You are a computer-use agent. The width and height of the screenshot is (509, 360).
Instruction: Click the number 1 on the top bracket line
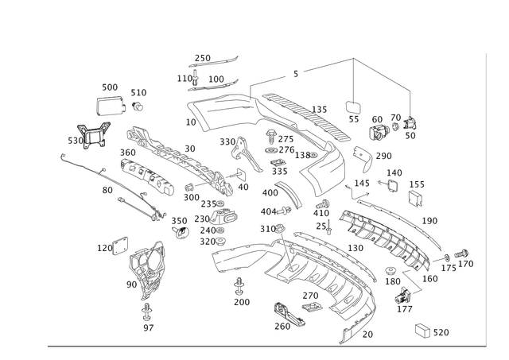[295, 74]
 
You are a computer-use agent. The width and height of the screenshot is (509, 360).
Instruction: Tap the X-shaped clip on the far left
[95, 136]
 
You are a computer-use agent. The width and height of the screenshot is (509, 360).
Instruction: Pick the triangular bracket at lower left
[146, 270]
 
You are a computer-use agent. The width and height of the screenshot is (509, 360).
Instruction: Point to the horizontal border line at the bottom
[262, 346]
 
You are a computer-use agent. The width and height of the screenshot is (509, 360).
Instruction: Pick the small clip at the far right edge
[460, 257]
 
